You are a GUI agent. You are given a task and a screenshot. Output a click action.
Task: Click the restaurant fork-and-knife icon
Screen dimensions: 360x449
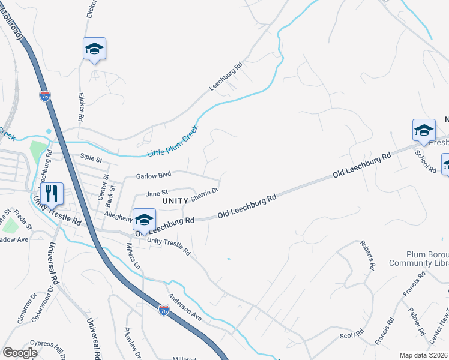53,193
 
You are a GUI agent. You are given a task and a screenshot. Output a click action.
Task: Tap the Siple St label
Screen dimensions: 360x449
91,158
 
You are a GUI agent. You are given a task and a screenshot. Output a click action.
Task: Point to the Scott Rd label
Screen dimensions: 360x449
352,332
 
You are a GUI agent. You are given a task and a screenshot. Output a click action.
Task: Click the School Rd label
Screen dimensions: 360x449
425,160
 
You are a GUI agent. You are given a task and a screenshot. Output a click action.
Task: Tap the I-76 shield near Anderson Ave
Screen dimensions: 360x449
164,310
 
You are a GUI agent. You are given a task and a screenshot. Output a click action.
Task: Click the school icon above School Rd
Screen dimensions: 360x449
423,130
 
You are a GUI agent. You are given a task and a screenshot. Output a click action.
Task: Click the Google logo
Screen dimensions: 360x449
20,353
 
